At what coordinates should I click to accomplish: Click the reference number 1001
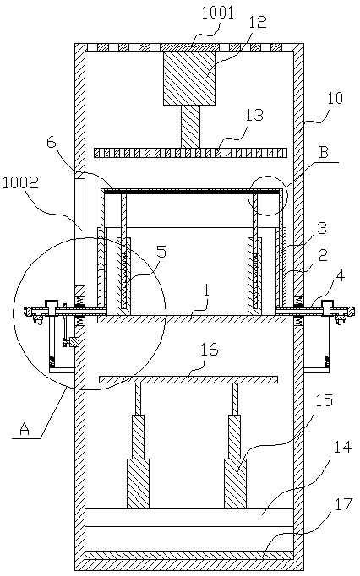pyautogui.click(x=218, y=14)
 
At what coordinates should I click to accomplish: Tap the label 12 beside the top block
pyautogui.click(x=258, y=23)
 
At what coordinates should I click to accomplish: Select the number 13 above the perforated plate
pyautogui.click(x=255, y=115)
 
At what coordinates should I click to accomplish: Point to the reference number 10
pyautogui.click(x=335, y=99)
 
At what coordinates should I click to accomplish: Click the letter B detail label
pyautogui.click(x=324, y=152)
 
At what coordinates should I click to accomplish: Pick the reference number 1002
pyautogui.click(x=20, y=183)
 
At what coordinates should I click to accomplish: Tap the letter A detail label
pyautogui.click(x=25, y=429)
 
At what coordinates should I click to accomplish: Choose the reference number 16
pyautogui.click(x=210, y=350)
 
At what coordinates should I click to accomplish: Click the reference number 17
pyautogui.click(x=344, y=504)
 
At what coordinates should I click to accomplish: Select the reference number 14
pyautogui.click(x=343, y=448)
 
